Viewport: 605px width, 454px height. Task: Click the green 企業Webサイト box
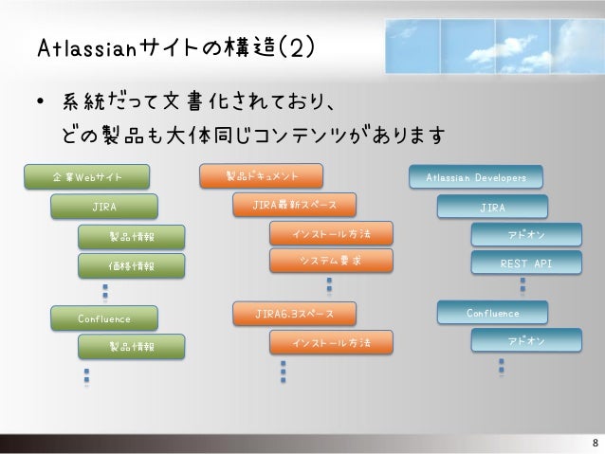pyautogui.click(x=86, y=175)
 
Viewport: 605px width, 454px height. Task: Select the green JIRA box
pyautogui.click(x=104, y=205)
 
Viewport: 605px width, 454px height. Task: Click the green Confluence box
pyautogui.click(x=104, y=318)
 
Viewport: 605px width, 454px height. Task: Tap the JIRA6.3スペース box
pyautogui.click(x=294, y=312)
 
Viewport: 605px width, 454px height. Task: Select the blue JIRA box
pyautogui.click(x=492, y=206)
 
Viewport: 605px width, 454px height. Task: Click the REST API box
pyautogui.click(x=526, y=263)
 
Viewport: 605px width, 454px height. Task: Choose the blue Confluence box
pyautogui.click(x=492, y=312)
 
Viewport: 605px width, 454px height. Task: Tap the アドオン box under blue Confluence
pyautogui.click(x=526, y=339)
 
